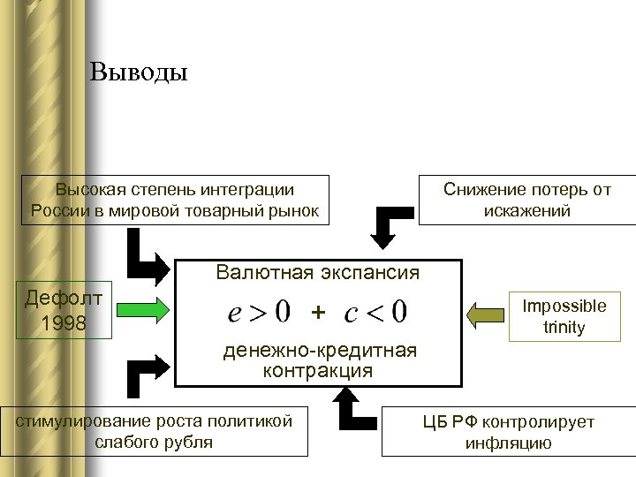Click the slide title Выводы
pos(139,72)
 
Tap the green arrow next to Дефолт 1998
pos(141,311)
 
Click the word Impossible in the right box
pos(564,307)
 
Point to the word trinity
pos(564,328)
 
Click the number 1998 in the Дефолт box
pos(64,323)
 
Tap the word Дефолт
pos(64,299)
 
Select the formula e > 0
pos(258,312)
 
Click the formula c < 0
pos(375,312)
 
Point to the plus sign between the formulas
pos(318,312)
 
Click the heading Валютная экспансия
pos(318,273)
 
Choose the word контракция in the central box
pos(318,371)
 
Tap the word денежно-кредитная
pos(318,351)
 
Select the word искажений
pos(527,211)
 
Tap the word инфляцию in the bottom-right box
pos(509,443)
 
